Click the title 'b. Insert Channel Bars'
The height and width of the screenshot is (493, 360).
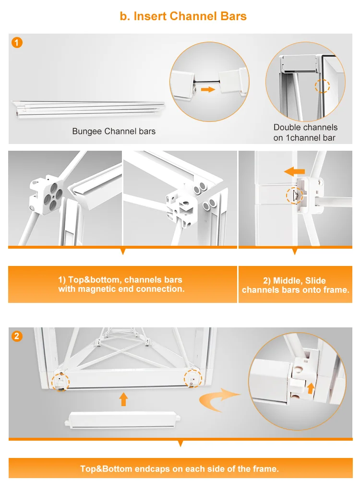click(x=183, y=16)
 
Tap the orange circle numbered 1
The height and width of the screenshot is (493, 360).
click(x=17, y=42)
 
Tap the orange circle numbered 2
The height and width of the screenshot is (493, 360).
click(x=17, y=336)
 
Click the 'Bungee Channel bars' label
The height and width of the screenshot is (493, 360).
click(x=114, y=131)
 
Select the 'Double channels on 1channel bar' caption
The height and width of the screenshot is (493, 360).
click(x=305, y=132)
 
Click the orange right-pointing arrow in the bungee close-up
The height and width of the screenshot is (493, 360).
click(x=208, y=90)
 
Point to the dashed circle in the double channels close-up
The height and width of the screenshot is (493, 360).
click(x=322, y=86)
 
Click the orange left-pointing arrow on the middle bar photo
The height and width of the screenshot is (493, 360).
click(x=294, y=171)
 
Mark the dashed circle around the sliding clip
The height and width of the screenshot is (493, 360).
click(x=295, y=195)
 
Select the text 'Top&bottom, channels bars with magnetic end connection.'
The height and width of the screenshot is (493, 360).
click(x=121, y=284)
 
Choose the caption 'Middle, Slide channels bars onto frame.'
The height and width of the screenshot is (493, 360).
click(x=296, y=285)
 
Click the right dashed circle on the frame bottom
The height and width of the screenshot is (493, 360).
click(x=193, y=378)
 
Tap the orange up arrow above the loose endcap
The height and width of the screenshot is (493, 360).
click(x=123, y=399)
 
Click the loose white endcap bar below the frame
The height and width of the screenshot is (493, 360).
click(x=122, y=420)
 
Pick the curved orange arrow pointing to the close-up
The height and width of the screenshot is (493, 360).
click(x=218, y=399)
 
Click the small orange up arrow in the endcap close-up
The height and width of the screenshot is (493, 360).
click(x=311, y=388)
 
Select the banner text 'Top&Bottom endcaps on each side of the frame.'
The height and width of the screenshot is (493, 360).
click(x=180, y=469)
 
